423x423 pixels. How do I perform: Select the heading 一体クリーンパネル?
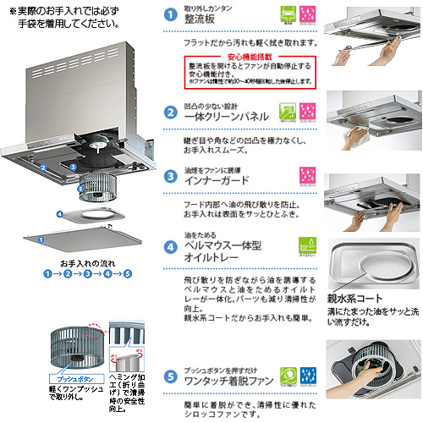[x=228, y=117]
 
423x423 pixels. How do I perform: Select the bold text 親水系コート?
[x=354, y=299]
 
